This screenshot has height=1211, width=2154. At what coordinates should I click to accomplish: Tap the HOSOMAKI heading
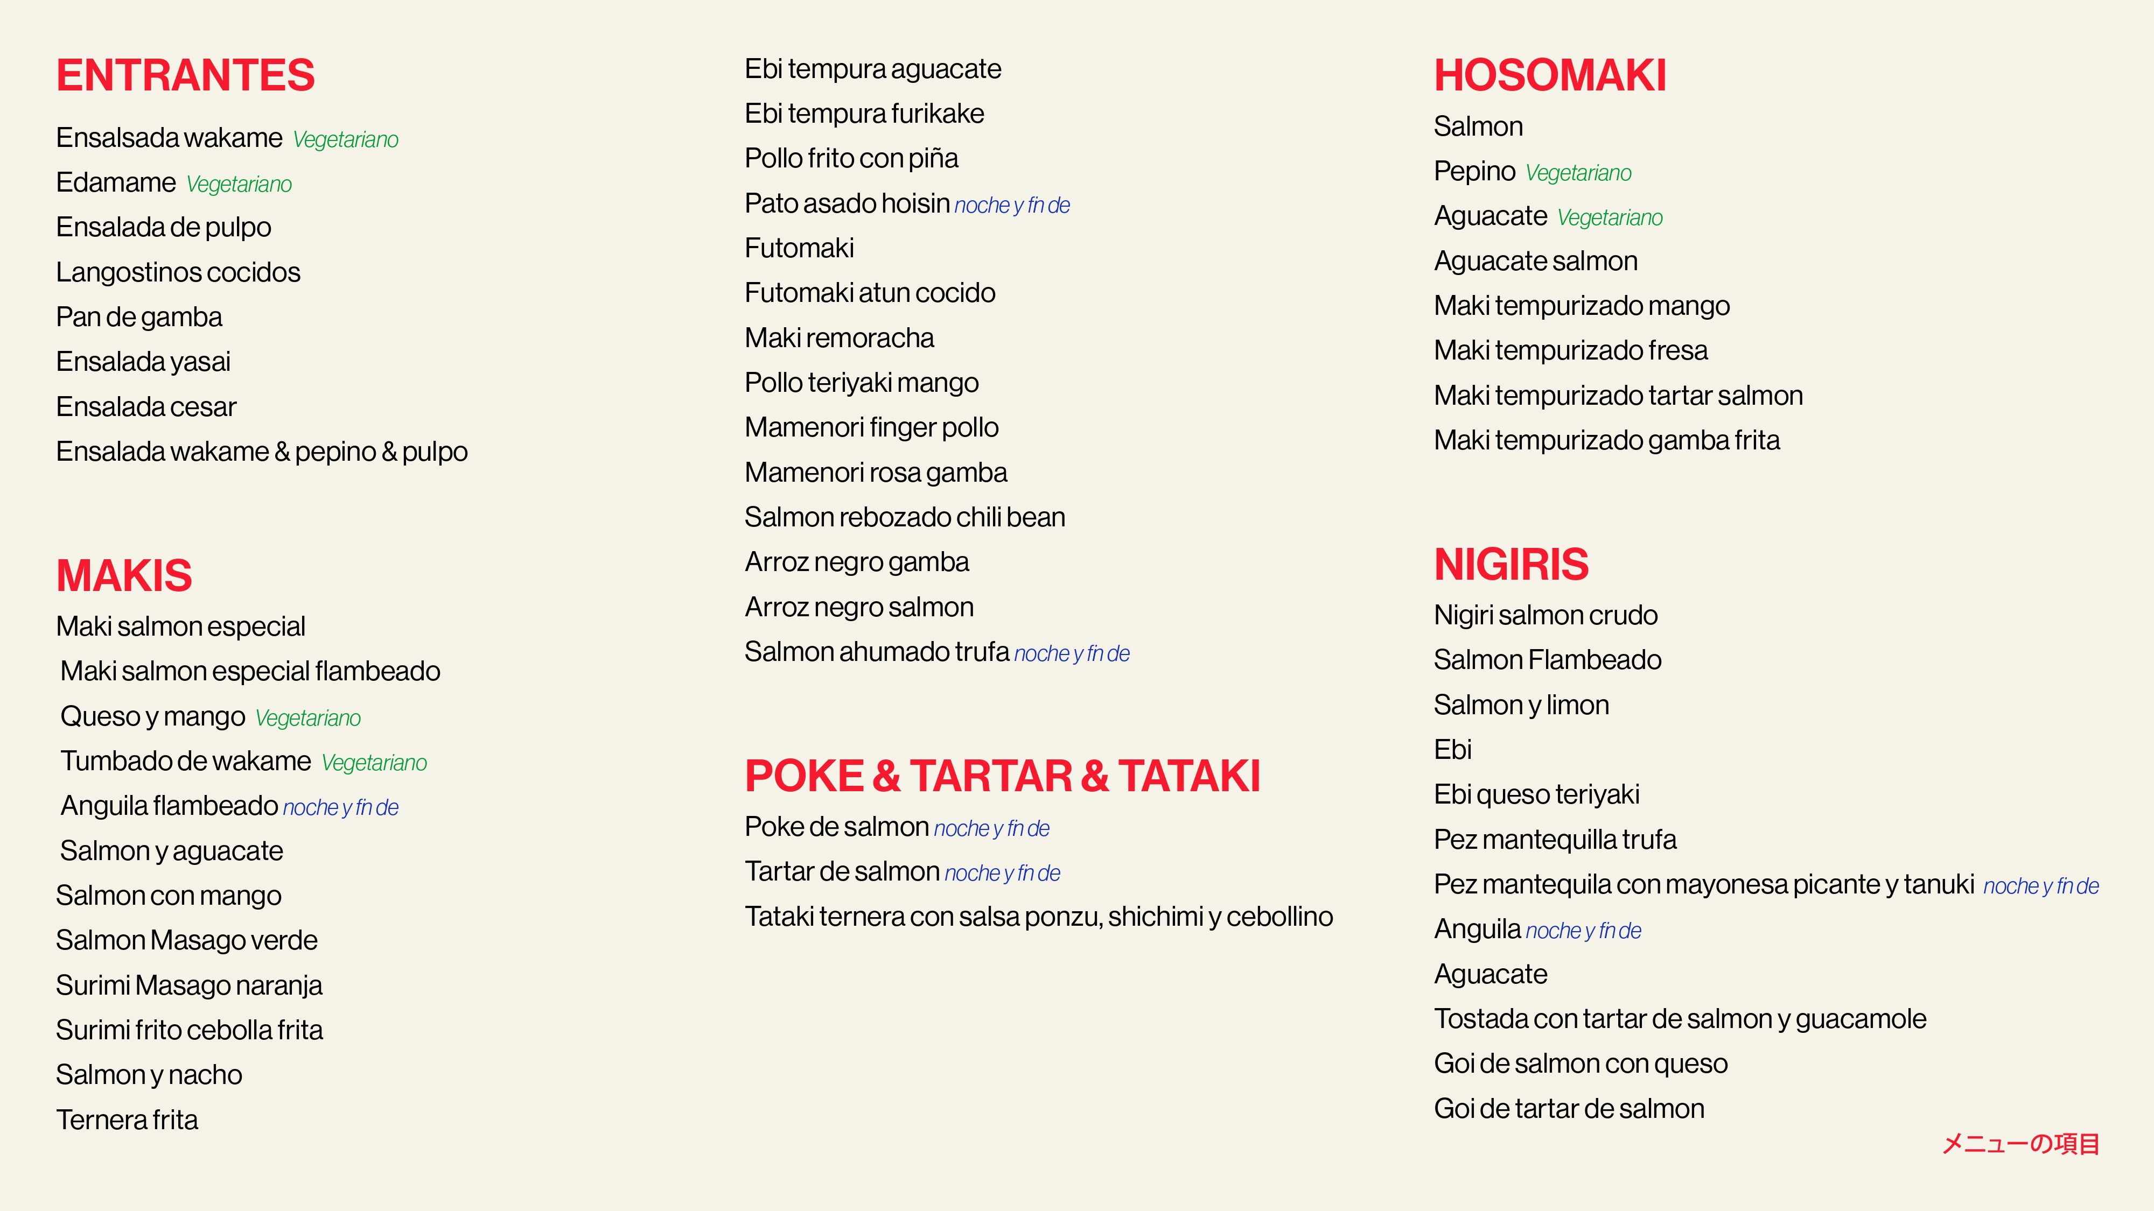[1549, 75]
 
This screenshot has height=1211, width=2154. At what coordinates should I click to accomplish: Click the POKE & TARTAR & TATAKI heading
[1002, 776]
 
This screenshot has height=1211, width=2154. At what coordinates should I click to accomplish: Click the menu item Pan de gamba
[139, 318]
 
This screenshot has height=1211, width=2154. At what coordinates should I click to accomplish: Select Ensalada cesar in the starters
[146, 407]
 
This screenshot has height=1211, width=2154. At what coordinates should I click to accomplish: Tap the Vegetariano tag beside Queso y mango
[307, 719]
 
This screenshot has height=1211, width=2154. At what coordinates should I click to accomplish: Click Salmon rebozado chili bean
[905, 517]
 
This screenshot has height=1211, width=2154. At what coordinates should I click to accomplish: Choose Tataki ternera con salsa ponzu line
[1039, 917]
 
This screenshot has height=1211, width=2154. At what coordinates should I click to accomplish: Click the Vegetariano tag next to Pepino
[1578, 173]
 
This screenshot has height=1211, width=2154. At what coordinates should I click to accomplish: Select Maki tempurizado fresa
[1570, 351]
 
